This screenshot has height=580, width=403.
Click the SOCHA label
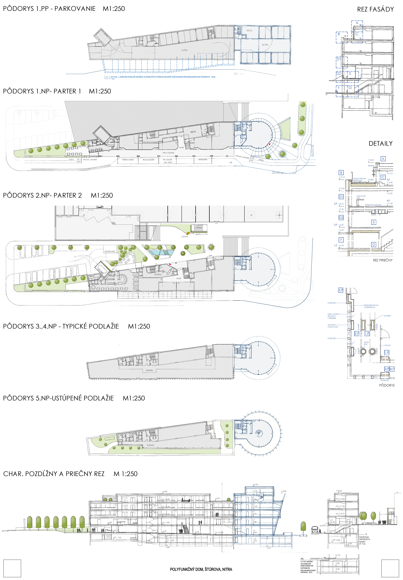tap(185, 237)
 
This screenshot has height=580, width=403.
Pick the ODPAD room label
tap(92, 276)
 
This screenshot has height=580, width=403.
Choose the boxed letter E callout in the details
tap(373, 222)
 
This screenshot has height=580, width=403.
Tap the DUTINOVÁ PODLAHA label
tap(373, 205)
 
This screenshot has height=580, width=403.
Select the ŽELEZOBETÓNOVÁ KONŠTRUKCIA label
tap(371, 306)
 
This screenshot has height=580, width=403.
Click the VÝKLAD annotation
tap(387, 345)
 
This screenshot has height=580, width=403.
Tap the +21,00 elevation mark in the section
tap(255, 485)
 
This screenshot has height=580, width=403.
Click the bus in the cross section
tap(315, 529)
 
